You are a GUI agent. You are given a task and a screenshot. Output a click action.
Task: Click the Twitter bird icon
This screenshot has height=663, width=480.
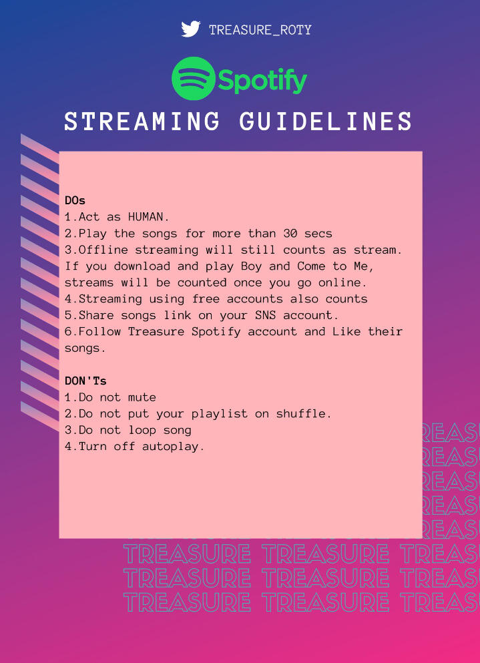(x=191, y=29)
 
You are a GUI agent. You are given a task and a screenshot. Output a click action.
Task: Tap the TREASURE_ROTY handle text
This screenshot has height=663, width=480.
(x=260, y=30)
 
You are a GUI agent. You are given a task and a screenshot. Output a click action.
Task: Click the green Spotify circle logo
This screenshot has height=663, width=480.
(x=194, y=79)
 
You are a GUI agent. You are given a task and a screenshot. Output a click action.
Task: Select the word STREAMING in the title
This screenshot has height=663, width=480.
(x=142, y=122)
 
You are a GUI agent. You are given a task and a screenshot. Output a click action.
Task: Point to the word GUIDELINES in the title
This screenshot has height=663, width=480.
(x=326, y=122)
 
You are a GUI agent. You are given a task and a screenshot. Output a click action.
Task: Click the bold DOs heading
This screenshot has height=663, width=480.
(x=75, y=200)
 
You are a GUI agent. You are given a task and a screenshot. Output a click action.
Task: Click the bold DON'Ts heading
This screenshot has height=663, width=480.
(x=85, y=381)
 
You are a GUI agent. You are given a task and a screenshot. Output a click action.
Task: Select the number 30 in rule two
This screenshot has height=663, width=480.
(x=290, y=234)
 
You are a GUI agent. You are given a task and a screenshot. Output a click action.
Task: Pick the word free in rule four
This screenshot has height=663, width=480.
(x=206, y=299)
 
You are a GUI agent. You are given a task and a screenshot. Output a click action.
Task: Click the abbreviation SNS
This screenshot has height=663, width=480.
(x=265, y=315)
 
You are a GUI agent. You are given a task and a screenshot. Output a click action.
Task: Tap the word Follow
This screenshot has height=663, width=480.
(x=100, y=331)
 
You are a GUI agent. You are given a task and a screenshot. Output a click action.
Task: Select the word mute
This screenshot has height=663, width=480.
(x=142, y=397)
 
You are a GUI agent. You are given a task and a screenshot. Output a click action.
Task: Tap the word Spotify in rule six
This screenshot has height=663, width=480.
(x=216, y=333)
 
